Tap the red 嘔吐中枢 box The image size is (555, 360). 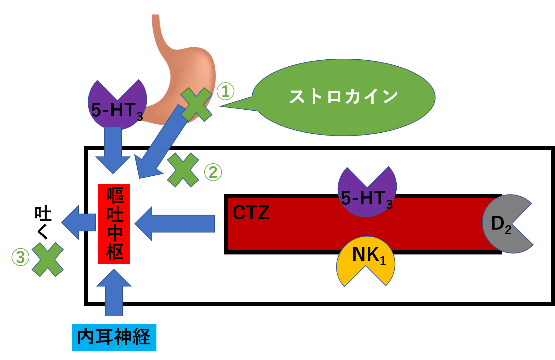click(114, 224)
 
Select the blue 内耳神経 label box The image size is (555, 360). click(114, 337)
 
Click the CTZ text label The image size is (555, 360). click(251, 213)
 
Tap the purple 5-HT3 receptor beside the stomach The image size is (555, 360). click(117, 108)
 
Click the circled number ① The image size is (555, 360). click(226, 92)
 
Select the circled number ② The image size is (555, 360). click(213, 172)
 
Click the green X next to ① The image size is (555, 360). click(196, 105)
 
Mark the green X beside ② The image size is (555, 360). click(183, 170)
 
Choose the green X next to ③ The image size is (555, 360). click(48, 259)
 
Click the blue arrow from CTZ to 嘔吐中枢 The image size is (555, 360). click(175, 224)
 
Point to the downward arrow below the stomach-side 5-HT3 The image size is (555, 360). click(113, 148)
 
